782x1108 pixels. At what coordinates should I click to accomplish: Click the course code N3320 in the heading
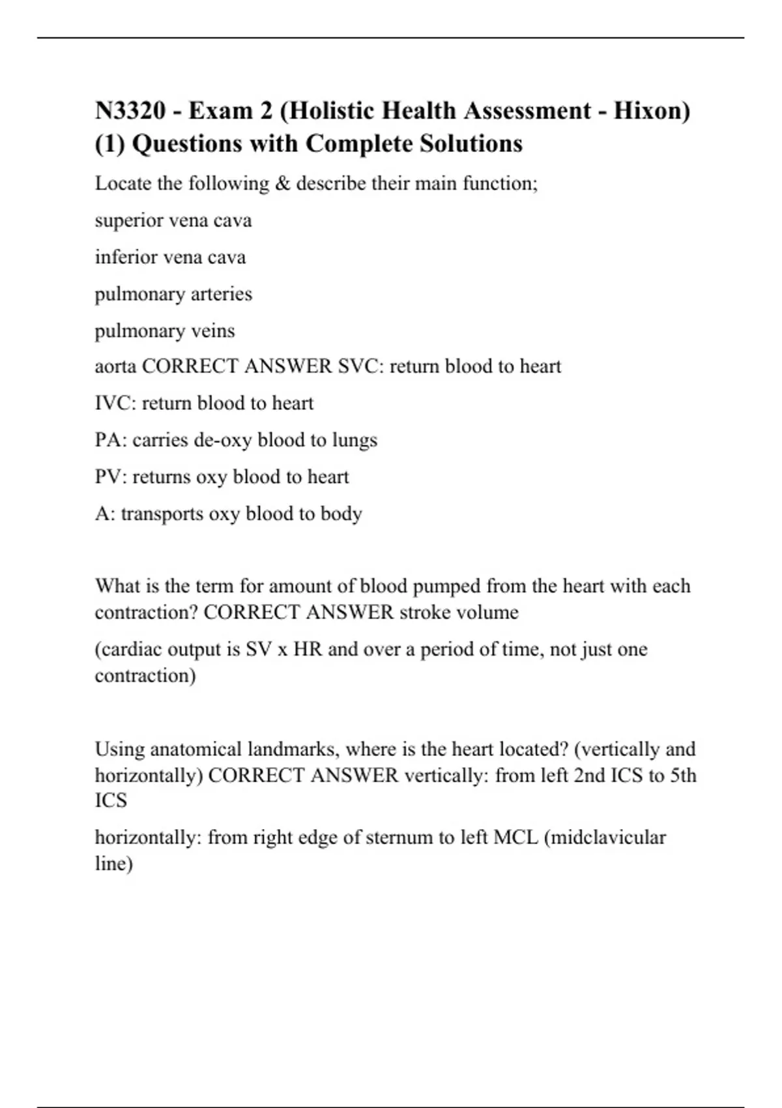pos(130,111)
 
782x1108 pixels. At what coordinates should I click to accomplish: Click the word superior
pos(128,221)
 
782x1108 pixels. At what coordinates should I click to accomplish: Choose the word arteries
pos(218,294)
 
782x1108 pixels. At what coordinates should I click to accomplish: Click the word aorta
pos(115,367)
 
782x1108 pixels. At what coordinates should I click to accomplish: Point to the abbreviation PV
pos(108,477)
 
